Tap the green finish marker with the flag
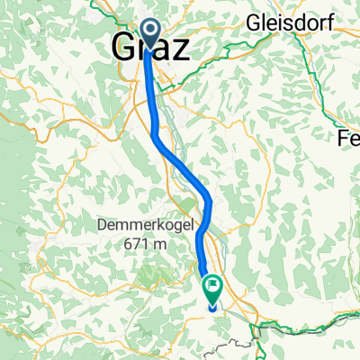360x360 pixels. [x=213, y=289]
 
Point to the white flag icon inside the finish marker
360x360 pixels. [x=213, y=288]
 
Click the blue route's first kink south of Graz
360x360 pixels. [x=155, y=137]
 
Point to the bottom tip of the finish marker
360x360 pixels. [x=213, y=306]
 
